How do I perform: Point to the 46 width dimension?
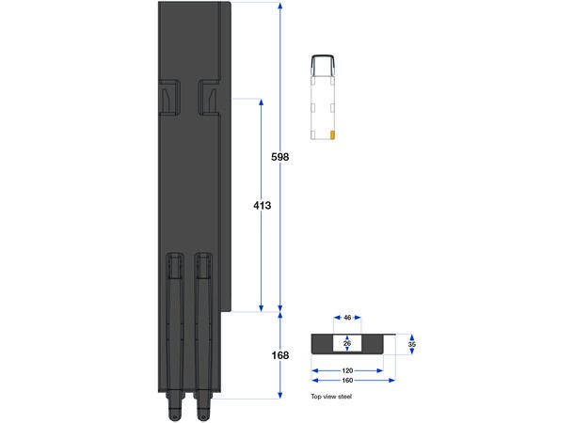pos(347,319)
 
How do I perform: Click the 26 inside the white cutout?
pos(347,343)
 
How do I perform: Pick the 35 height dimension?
pos(411,344)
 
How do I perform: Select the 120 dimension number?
pos(346,370)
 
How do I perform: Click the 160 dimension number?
pos(346,382)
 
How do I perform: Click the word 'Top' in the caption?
pos(316,398)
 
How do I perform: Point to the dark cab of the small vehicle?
pos(322,65)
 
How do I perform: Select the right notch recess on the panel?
pos(208,96)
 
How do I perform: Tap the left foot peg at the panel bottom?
pos(172,411)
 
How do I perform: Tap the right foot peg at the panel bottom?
pos(201,411)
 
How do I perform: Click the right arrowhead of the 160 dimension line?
pos(392,381)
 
